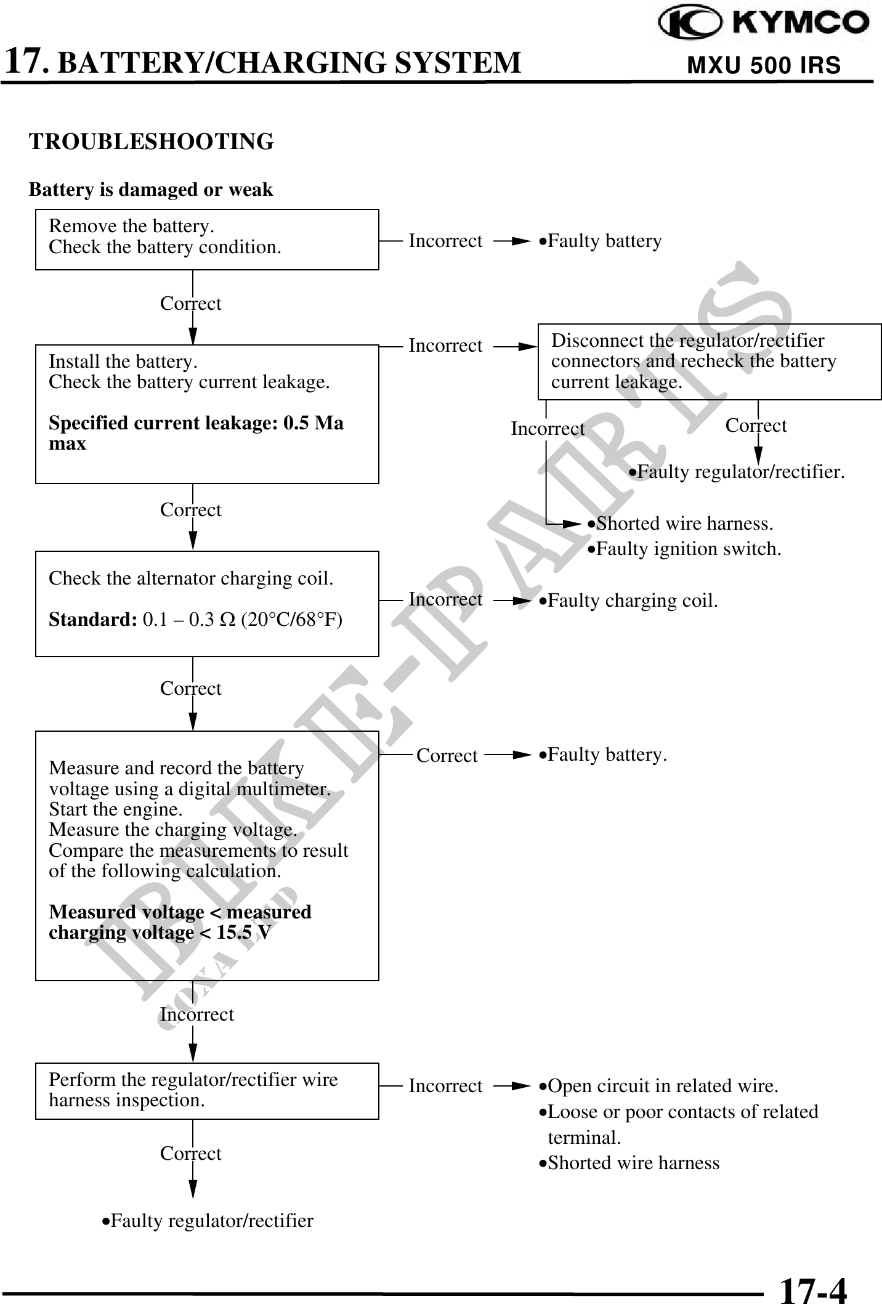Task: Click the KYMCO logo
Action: pos(764,24)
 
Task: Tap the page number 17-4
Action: pos(813,1289)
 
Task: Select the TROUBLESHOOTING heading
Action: pos(152,142)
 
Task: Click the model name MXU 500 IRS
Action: pos(764,65)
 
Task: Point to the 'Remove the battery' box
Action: pos(207,239)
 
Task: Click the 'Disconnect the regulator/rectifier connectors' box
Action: pos(710,362)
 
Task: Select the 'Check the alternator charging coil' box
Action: pos(207,604)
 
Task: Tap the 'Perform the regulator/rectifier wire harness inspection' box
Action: pos(207,1091)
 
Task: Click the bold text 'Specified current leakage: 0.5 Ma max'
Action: pos(196,433)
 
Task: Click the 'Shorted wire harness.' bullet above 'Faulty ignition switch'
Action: pos(680,524)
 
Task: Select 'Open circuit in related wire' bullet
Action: pos(659,1086)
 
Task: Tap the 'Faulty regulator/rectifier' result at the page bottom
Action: pos(208,1221)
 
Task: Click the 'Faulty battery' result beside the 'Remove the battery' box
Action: pos(601,241)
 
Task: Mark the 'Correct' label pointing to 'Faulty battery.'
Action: pos(447,756)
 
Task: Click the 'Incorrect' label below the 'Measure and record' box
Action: pos(197,1014)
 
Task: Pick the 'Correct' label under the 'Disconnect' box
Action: pos(756,426)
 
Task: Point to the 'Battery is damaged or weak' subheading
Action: pos(151,190)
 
